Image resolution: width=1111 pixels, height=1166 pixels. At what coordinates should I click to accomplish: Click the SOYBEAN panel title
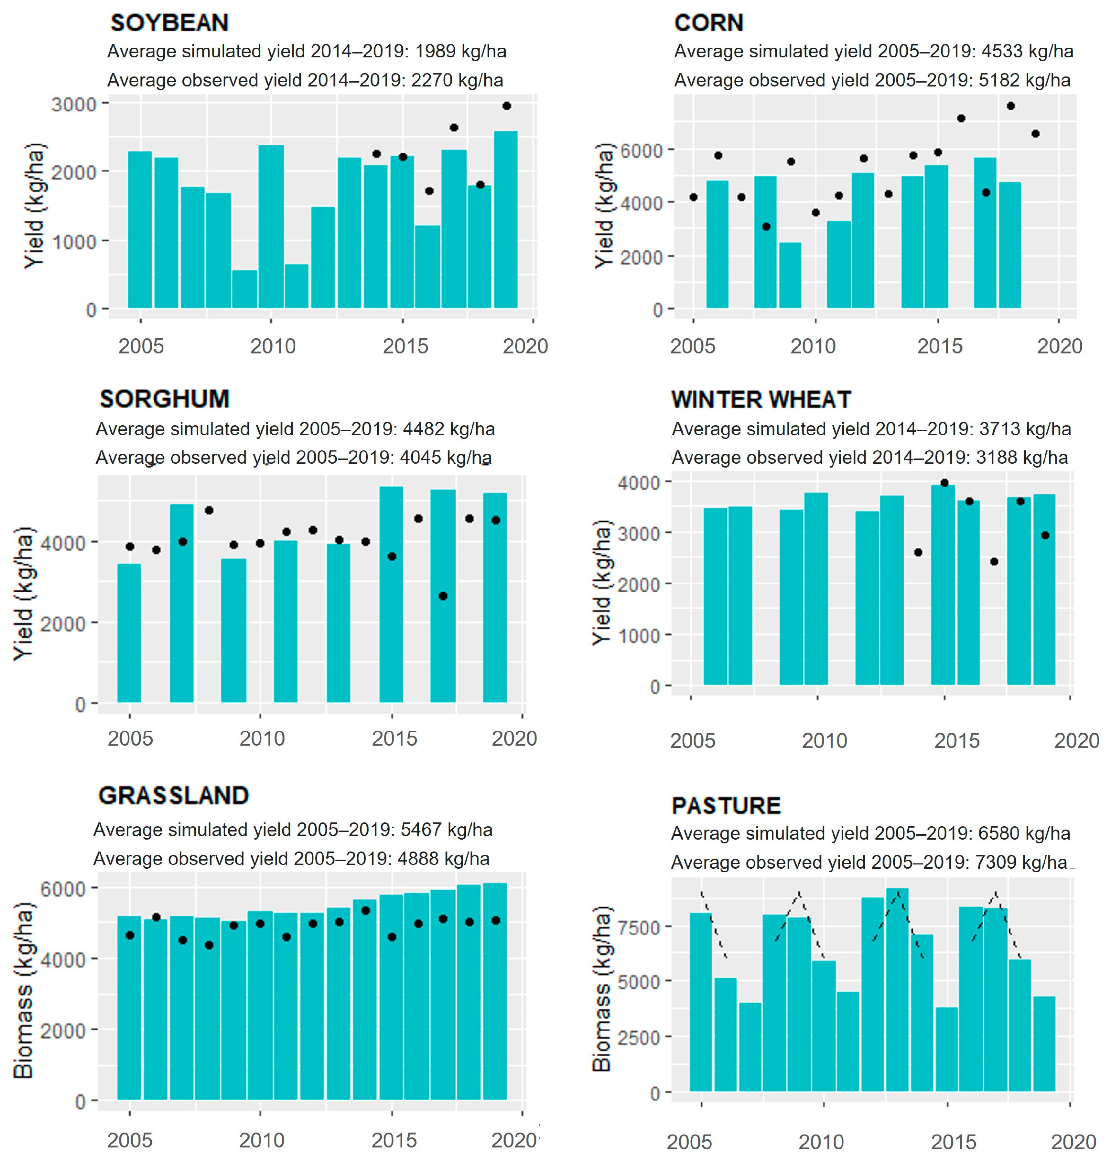[x=169, y=22]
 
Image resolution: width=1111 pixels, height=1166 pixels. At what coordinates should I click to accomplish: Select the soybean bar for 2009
[x=244, y=289]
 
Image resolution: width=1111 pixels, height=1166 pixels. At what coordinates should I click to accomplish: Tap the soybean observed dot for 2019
[x=506, y=106]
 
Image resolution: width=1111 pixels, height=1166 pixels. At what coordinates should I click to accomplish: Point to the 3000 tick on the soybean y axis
[x=74, y=105]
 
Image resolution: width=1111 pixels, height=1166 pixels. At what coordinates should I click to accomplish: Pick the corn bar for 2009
[x=790, y=275]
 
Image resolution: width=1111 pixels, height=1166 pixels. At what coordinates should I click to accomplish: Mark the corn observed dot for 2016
[x=961, y=118]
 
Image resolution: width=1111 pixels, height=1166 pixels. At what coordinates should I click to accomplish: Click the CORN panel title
[x=708, y=22]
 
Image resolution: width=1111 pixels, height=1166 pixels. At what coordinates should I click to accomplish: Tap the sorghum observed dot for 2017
[x=443, y=596]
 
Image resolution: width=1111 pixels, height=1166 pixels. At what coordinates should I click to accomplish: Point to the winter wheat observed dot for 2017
[x=994, y=561]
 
